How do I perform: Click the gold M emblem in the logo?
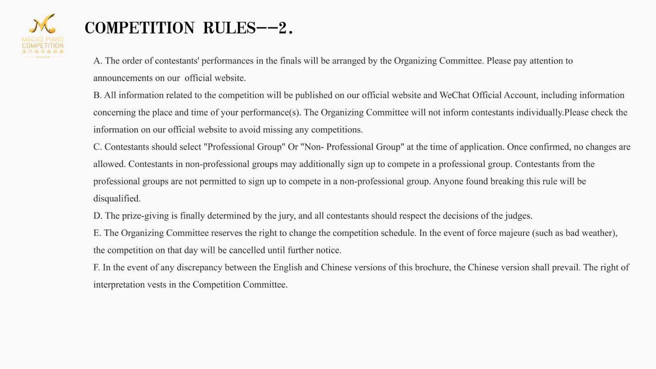42,24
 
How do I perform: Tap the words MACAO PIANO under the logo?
43,39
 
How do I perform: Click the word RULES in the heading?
229,28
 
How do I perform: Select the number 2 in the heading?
282,28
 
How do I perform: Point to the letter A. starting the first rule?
98,61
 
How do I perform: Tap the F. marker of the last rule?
97,268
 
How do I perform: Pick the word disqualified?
117,199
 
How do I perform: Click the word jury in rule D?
286,216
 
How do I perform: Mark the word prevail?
566,268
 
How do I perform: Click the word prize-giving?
145,216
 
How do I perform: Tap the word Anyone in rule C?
448,182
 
